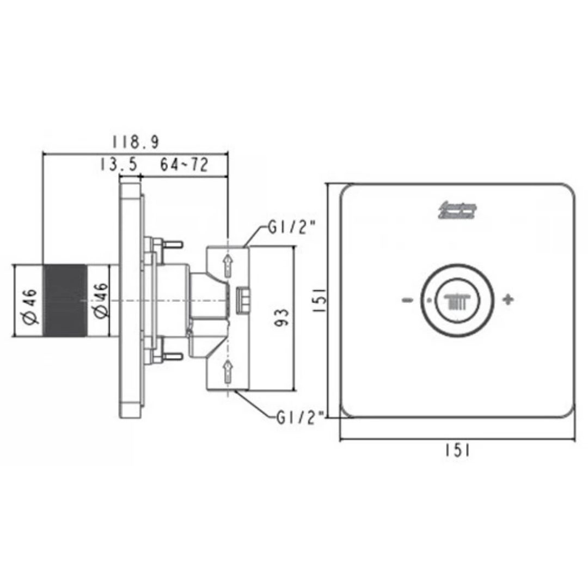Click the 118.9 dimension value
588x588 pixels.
(135, 142)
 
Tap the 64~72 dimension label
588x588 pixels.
(184, 164)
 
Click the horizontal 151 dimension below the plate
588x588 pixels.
(457, 450)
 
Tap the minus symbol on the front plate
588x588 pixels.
(407, 300)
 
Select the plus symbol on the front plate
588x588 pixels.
(507, 299)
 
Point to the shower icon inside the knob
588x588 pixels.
(456, 301)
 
